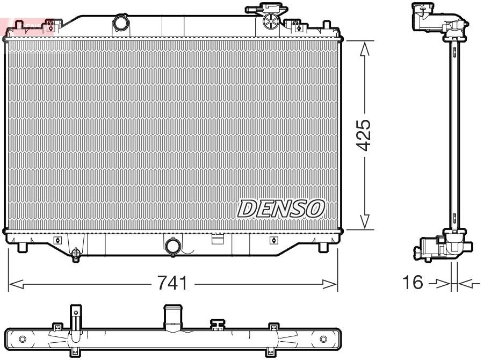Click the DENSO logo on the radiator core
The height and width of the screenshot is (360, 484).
click(281, 208)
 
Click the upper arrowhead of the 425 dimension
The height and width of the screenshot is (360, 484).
click(364, 49)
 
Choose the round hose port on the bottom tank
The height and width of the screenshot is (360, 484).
click(174, 246)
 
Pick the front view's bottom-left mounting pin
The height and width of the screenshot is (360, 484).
click(22, 247)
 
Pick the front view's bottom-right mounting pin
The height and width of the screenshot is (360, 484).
click(323, 247)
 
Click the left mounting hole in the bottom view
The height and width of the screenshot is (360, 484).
click(22, 339)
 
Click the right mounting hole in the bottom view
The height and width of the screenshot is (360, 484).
click(323, 339)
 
